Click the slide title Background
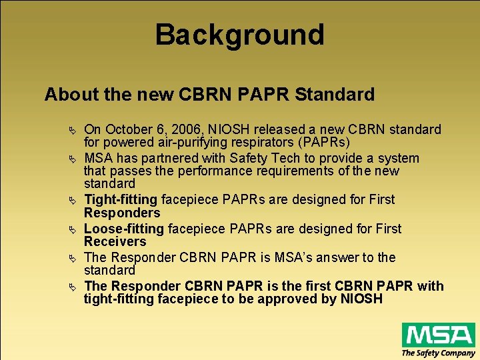(239, 35)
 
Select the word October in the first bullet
(129, 129)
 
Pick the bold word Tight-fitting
(121, 200)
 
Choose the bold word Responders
(122, 213)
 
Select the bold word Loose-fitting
(124, 229)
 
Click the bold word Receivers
(115, 242)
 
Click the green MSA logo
(438, 334)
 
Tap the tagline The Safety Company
(438, 353)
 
